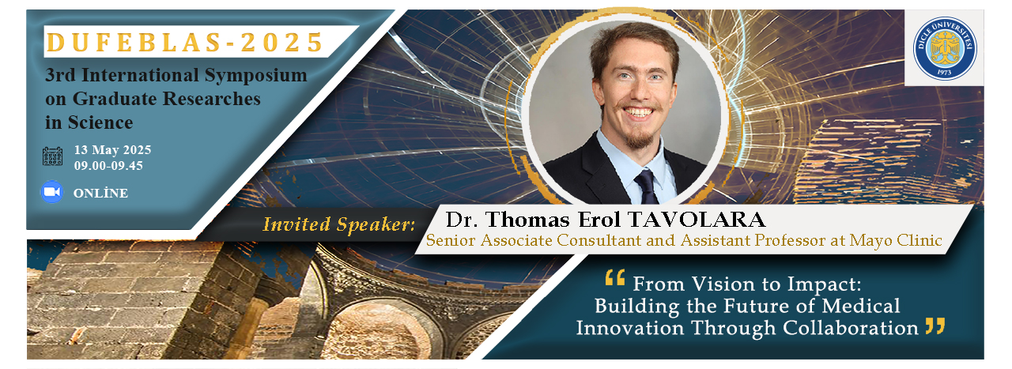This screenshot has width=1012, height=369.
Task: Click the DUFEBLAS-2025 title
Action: click(185, 43)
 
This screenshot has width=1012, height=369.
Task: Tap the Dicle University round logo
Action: click(945, 48)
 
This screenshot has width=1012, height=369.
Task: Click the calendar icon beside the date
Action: click(52, 156)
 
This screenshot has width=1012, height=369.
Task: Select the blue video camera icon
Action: click(52, 192)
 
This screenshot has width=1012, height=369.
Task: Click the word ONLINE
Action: click(100, 194)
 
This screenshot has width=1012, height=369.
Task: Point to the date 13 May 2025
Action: click(112, 150)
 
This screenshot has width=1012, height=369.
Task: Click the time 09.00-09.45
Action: click(108, 166)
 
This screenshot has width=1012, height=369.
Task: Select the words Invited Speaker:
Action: click(339, 224)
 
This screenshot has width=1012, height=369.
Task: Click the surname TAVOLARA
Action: click(697, 220)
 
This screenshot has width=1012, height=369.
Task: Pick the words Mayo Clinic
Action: click(896, 240)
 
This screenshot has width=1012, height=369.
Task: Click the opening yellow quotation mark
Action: click(615, 277)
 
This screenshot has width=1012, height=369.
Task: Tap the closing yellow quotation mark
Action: click(935, 326)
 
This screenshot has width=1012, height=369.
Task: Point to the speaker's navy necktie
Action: click(647, 186)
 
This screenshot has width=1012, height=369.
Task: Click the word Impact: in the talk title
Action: click(825, 285)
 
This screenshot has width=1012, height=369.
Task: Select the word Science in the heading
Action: click(100, 122)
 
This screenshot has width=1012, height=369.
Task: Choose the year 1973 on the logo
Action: click(944, 72)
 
